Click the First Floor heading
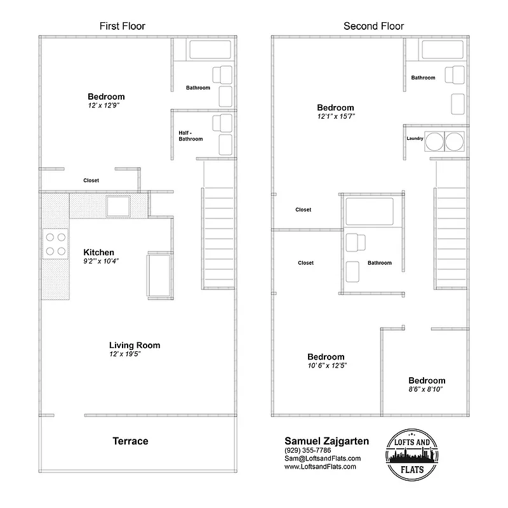click(122, 26)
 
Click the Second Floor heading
click(373, 26)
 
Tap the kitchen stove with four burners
click(55, 244)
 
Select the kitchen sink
click(118, 206)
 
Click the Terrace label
click(130, 441)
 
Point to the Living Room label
click(135, 345)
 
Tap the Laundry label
click(415, 138)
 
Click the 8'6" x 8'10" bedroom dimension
click(426, 388)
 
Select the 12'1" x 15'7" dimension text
click(335, 117)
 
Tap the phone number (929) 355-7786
click(308, 450)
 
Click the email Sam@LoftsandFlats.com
click(323, 458)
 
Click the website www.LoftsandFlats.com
click(320, 467)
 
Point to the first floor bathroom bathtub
click(210, 50)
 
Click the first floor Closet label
click(91, 180)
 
